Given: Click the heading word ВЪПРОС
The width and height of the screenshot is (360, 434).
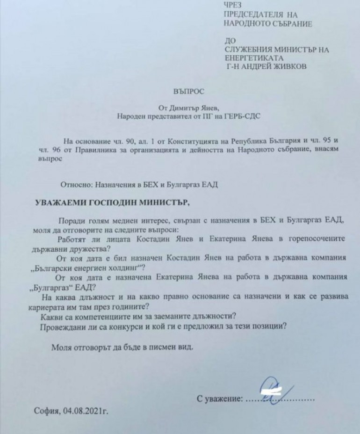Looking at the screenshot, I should pos(185,92).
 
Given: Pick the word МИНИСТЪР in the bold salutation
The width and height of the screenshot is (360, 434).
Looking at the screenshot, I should pos(163,203).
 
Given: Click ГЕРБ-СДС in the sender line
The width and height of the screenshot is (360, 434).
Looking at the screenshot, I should pos(244,116).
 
